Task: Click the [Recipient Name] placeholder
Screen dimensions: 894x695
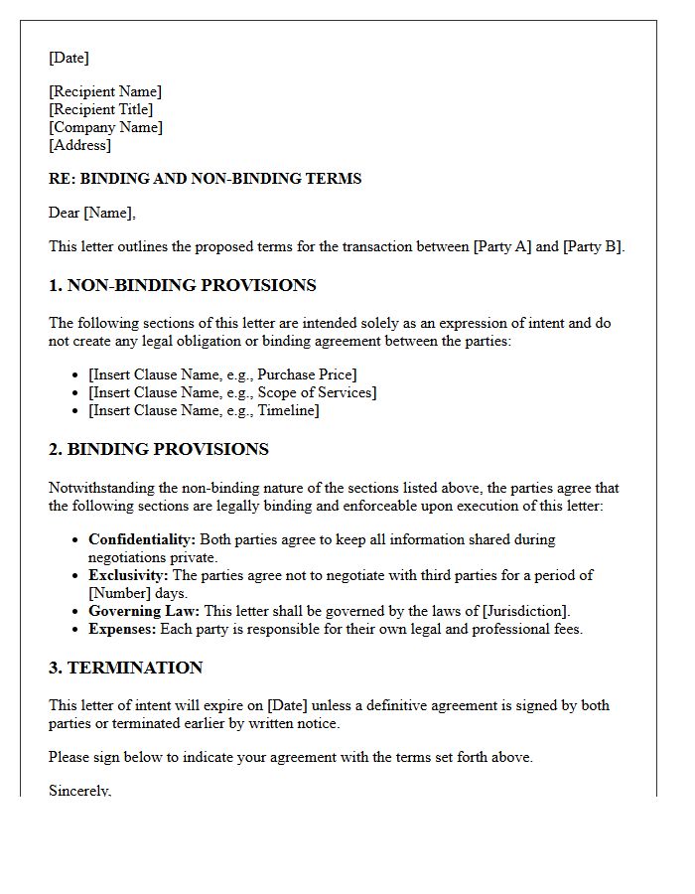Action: pyautogui.click(x=105, y=91)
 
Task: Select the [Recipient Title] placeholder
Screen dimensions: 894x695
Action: pyautogui.click(x=101, y=109)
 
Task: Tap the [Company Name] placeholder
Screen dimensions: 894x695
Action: pyautogui.click(x=105, y=127)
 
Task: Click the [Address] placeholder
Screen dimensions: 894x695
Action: pyautogui.click(x=79, y=145)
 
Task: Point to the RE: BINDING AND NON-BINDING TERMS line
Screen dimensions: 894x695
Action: pyautogui.click(x=205, y=179)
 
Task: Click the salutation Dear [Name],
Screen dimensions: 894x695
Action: pyautogui.click(x=92, y=213)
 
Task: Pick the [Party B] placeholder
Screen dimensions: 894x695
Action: pyautogui.click(x=593, y=247)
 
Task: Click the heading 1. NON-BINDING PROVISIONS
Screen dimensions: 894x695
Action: pyautogui.click(x=182, y=286)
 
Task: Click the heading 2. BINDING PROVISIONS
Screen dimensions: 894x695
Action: pyautogui.click(x=159, y=450)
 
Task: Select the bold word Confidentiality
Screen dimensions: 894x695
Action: pyautogui.click(x=142, y=539)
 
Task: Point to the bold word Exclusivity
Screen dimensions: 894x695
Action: pyautogui.click(x=128, y=575)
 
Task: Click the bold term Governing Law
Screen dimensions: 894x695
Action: pyautogui.click(x=144, y=611)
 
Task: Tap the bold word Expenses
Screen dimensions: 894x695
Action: pyautogui.click(x=121, y=629)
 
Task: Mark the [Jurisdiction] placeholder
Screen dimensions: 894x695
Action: pyautogui.click(x=525, y=611)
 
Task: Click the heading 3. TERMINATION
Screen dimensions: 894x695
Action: pyautogui.click(x=125, y=668)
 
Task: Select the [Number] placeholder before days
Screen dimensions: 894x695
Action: pyautogui.click(x=120, y=593)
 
